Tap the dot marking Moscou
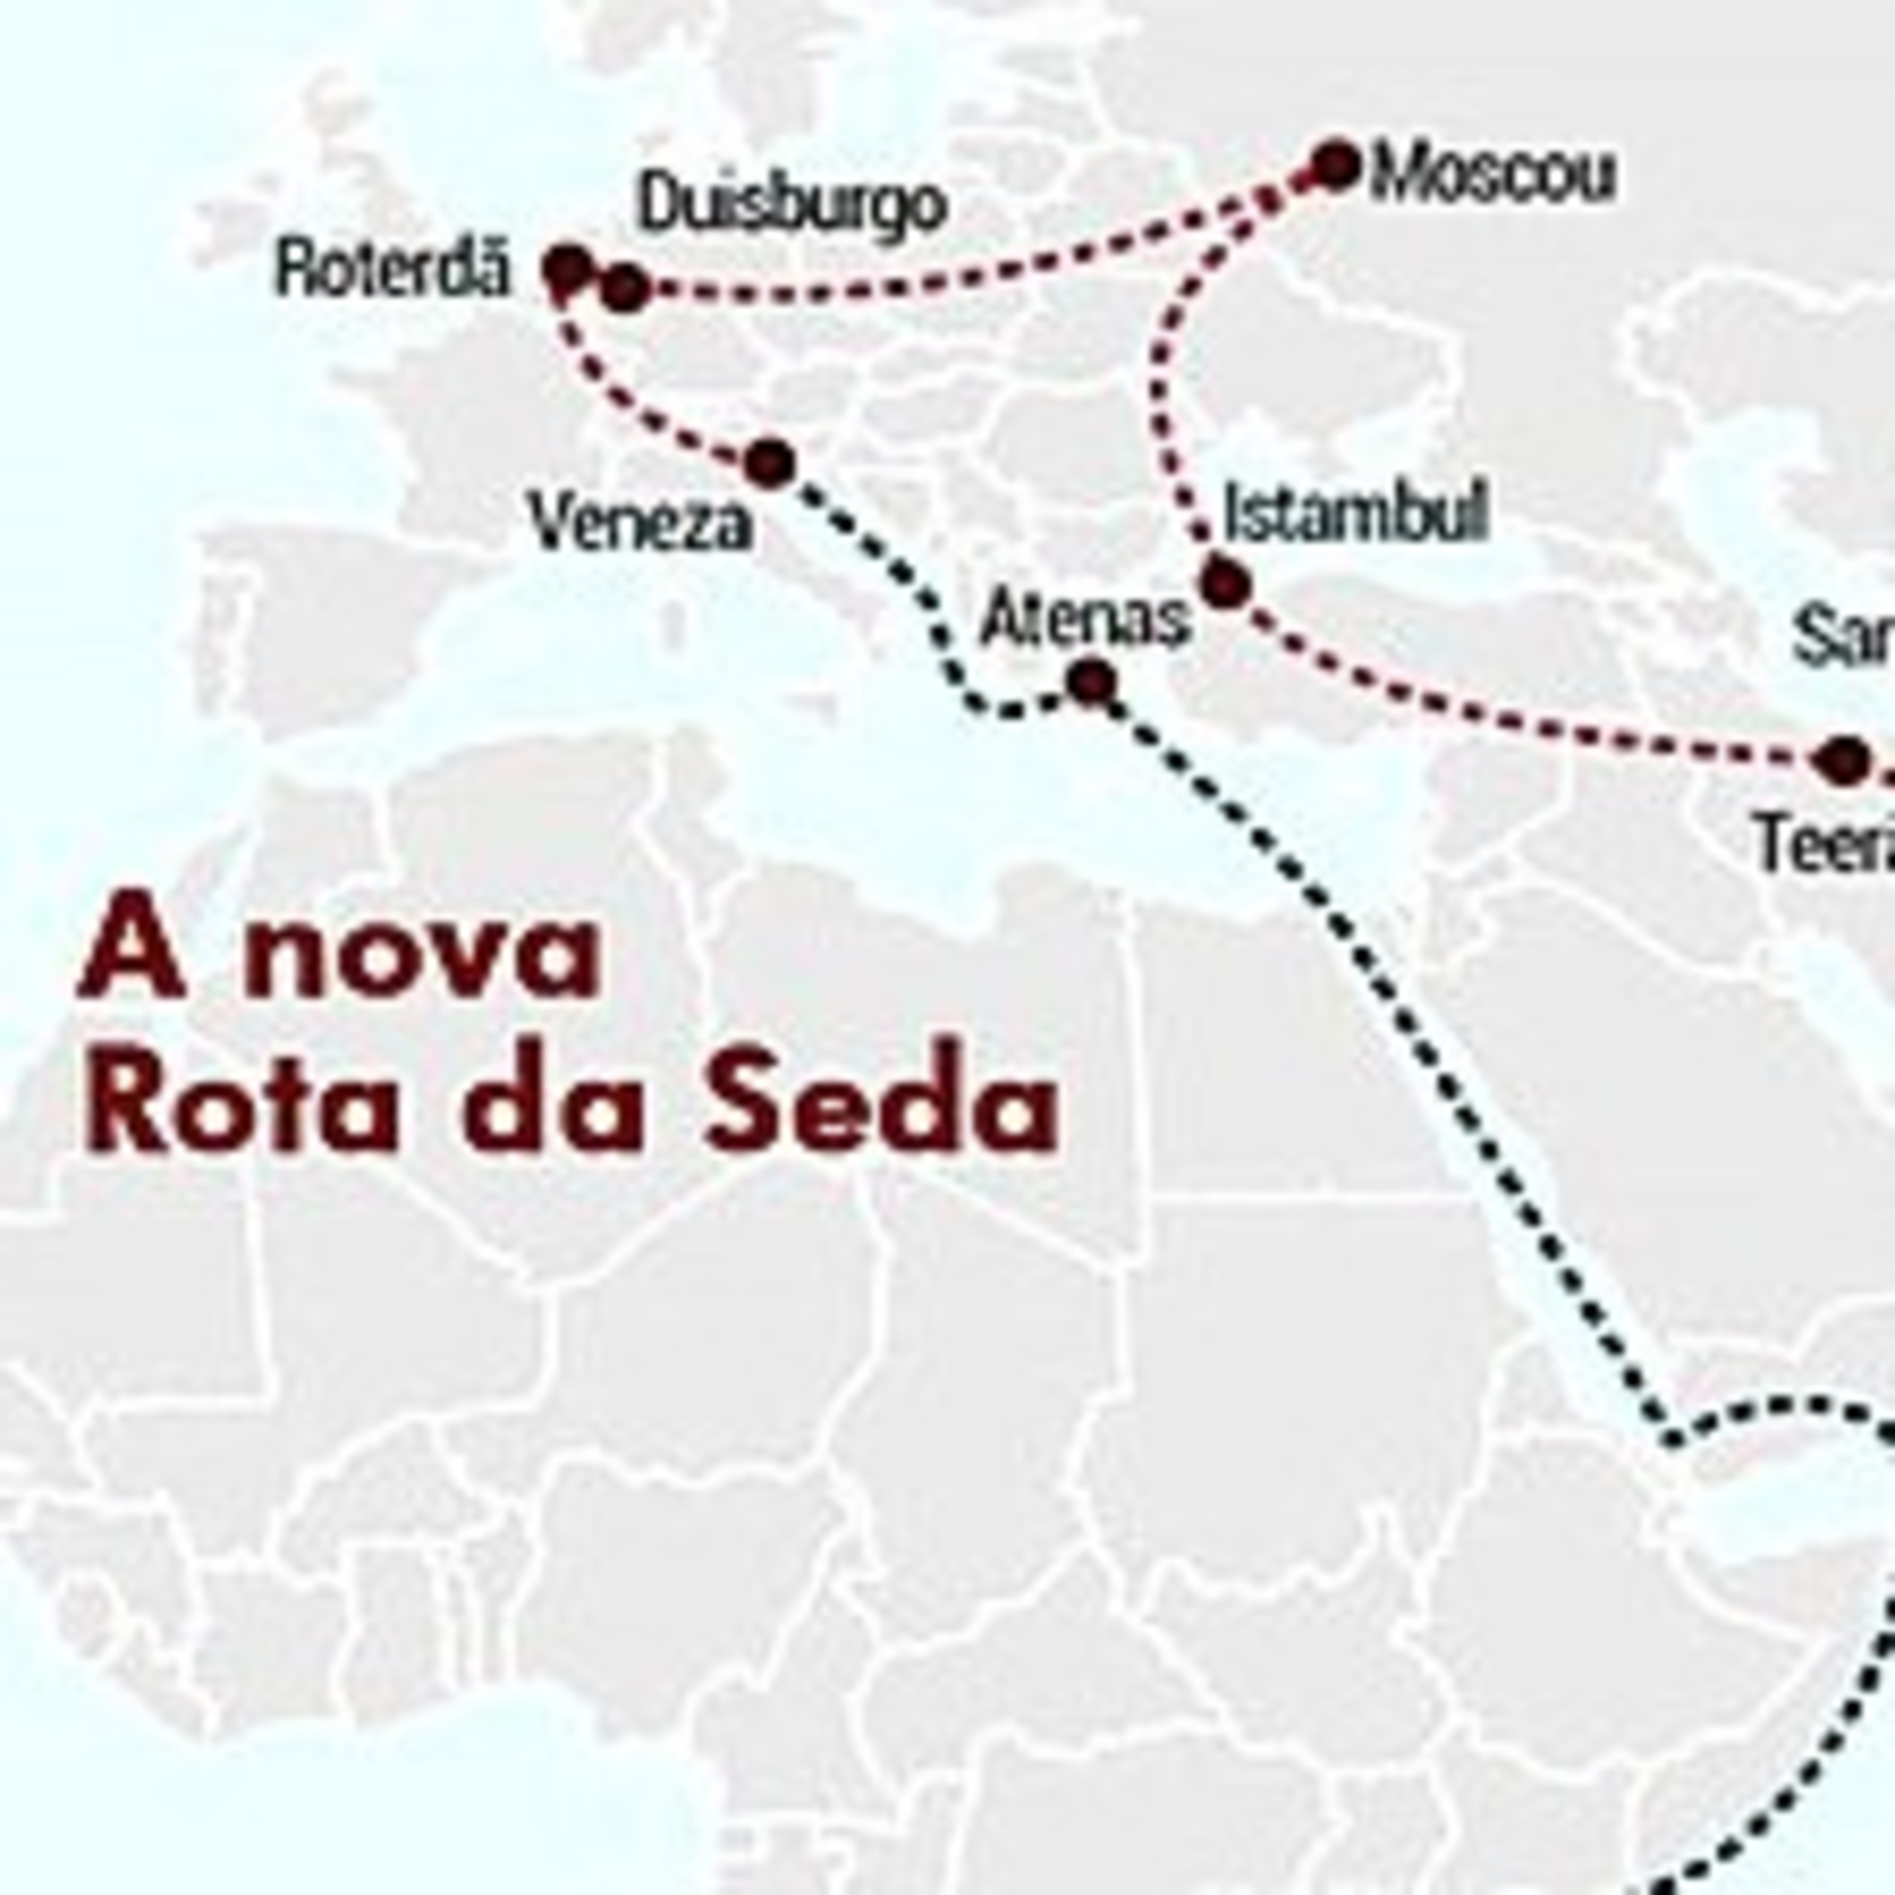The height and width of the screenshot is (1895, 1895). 1337,165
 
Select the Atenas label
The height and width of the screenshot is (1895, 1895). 1085,620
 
